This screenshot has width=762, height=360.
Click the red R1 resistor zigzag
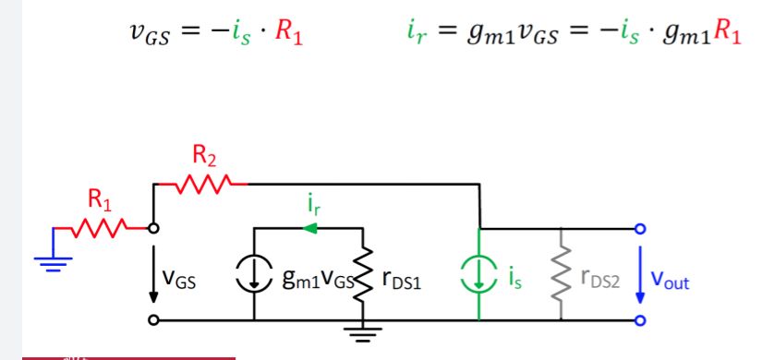click(100, 228)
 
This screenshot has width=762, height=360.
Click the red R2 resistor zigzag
click(204, 184)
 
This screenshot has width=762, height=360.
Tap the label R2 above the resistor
click(205, 155)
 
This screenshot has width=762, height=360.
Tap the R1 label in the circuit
click(100, 199)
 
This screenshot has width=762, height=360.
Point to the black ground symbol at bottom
click(363, 334)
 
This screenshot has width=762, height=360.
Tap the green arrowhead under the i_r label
click(309, 228)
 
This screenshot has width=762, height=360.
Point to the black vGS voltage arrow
click(153, 274)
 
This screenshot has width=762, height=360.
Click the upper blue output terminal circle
click(640, 228)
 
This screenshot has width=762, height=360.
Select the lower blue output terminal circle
click(640, 320)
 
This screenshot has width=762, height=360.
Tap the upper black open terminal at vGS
click(153, 228)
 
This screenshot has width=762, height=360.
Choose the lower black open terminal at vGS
click(153, 319)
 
